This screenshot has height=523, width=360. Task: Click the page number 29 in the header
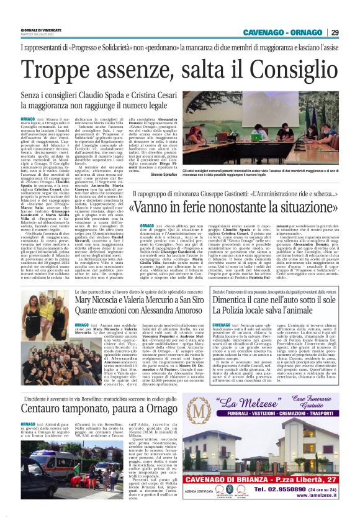point(335,33)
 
